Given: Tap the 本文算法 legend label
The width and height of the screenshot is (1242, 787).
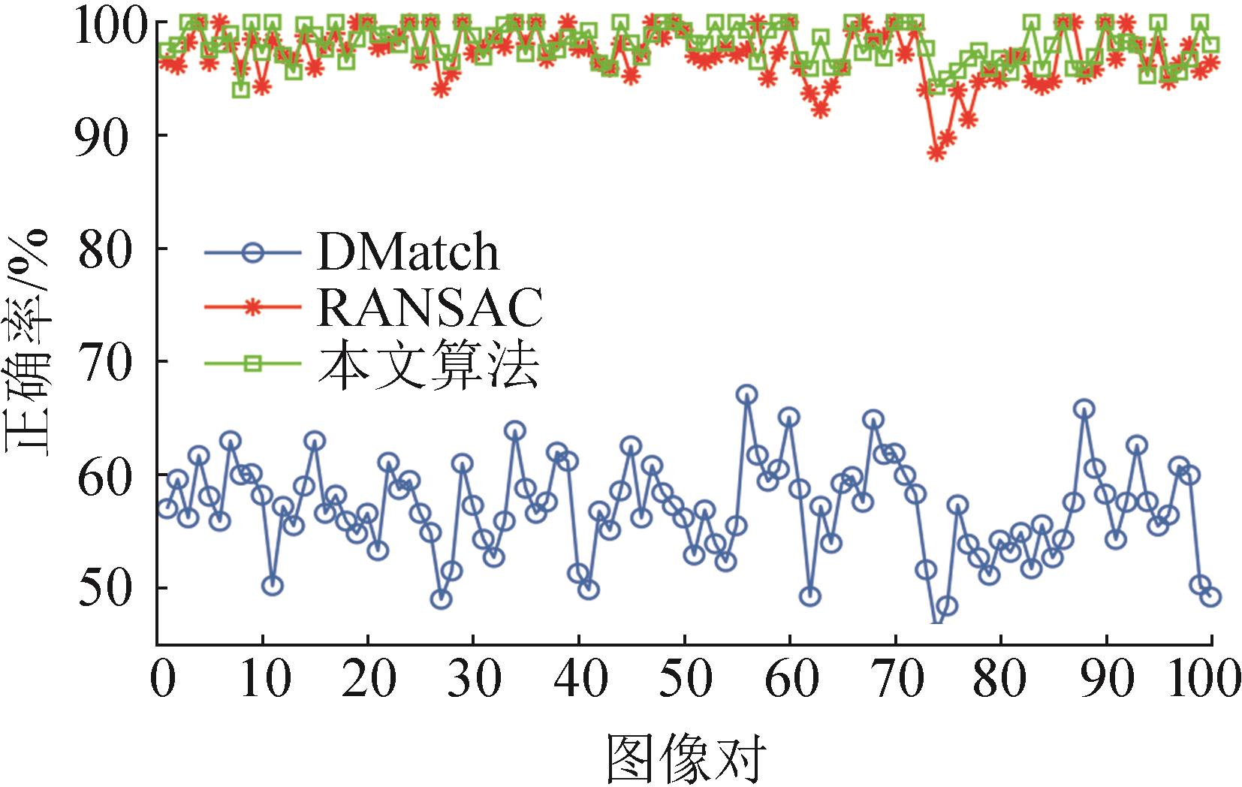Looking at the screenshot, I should click(x=429, y=363).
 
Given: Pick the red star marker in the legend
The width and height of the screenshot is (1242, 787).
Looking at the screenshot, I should click(x=253, y=307).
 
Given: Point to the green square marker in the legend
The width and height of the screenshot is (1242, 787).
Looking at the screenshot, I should click(x=253, y=363).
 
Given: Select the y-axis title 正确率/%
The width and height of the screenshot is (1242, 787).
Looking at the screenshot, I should click(x=29, y=342).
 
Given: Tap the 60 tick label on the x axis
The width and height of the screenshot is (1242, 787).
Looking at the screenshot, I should click(x=790, y=679).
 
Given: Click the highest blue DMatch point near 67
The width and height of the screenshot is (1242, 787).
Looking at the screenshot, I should click(x=746, y=395).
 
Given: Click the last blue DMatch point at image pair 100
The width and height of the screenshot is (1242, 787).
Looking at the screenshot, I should click(x=1210, y=597).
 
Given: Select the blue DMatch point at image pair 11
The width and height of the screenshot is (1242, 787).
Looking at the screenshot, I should click(x=273, y=586).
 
